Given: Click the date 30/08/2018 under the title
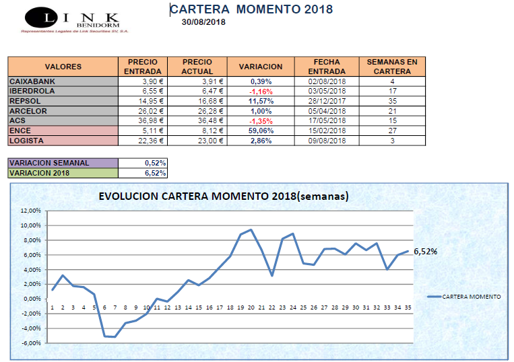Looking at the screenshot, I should click(x=203, y=22).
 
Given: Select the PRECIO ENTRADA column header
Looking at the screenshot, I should click(x=143, y=67).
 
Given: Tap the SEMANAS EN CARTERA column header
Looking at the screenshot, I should click(x=391, y=67).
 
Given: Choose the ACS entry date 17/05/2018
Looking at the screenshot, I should click(x=326, y=120).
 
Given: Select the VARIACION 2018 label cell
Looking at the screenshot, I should click(x=63, y=173).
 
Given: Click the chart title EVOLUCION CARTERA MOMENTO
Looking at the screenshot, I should click(x=223, y=197).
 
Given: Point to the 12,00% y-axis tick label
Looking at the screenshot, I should click(x=31, y=211).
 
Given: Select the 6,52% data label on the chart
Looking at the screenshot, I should click(x=425, y=252).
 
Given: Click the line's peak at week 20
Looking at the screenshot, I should click(x=251, y=230).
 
